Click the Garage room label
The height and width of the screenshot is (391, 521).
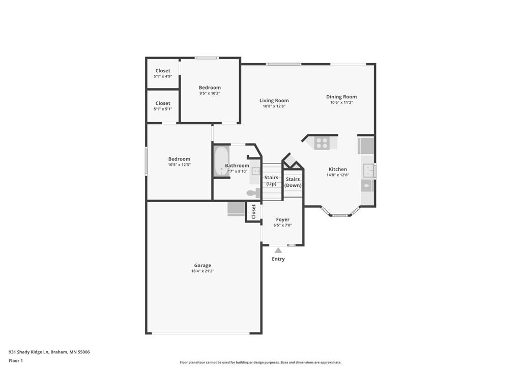[x=202, y=265]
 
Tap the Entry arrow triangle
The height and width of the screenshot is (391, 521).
[x=278, y=250]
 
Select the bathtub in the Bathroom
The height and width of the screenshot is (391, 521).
[x=221, y=161]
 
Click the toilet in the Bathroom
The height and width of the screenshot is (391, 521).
[x=252, y=193]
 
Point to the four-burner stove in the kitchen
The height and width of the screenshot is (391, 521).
[x=322, y=143]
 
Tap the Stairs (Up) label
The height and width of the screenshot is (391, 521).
[x=271, y=180]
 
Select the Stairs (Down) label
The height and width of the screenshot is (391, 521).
[x=293, y=182]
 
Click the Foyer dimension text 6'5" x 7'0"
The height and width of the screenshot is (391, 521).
[x=283, y=225]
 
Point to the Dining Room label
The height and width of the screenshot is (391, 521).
[x=341, y=97]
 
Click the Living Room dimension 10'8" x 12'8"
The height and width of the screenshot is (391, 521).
[x=274, y=106]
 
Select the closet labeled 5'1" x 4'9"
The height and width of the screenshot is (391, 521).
[x=163, y=73]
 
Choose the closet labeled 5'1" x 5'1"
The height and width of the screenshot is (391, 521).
[x=163, y=106]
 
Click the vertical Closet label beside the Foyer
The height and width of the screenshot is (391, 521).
[x=253, y=212]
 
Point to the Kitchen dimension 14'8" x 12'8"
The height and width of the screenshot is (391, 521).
[x=338, y=175]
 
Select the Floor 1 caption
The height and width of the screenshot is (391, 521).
[x=16, y=360]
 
